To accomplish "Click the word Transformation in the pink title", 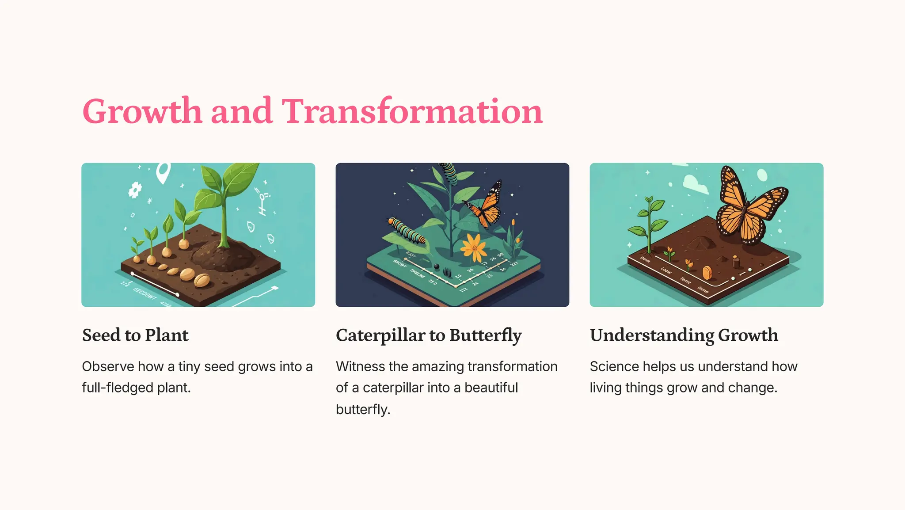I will (x=412, y=111).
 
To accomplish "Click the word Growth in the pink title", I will (x=142, y=111).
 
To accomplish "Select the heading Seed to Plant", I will (x=135, y=335).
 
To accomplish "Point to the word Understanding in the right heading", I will (x=651, y=335).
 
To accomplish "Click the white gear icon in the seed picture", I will (x=135, y=190).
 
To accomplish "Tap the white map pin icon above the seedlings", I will (x=163, y=172).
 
